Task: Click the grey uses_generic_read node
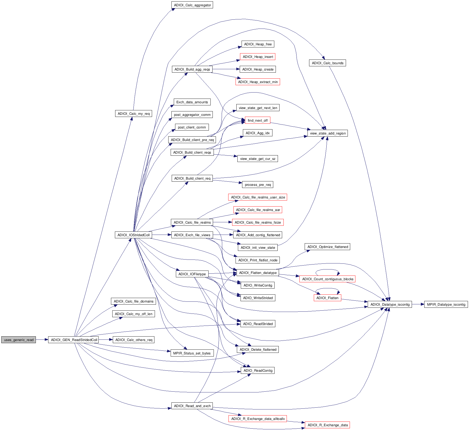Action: [19, 340]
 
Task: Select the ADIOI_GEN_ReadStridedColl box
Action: [74, 340]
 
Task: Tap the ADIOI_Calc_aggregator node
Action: [192, 5]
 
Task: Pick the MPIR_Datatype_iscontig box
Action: [446, 304]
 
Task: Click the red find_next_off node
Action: [258, 120]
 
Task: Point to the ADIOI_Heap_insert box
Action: [258, 57]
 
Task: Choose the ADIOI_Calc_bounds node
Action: [327, 63]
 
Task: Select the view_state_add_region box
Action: [328, 133]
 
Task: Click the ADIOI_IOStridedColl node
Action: [133, 235]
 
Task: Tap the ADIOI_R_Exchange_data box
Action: [327, 425]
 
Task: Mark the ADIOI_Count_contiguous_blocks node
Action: [327, 279]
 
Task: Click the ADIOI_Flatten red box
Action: [327, 298]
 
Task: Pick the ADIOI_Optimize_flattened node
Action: [327, 247]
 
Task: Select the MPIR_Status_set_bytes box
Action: [192, 353]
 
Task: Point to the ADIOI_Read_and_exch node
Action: [192, 406]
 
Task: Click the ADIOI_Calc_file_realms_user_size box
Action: [258, 197]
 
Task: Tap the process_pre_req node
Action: [258, 185]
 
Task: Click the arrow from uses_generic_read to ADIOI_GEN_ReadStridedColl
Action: [42, 340]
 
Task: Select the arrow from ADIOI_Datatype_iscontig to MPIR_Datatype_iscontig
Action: [418, 304]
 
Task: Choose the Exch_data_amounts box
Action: [192, 102]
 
